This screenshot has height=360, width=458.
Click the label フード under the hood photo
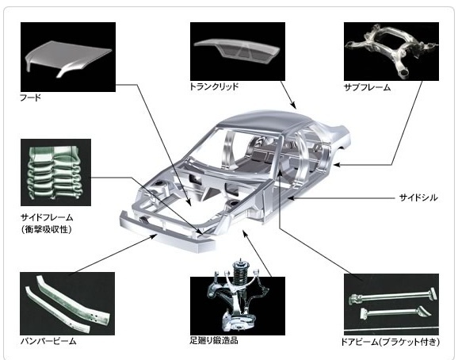[30, 98]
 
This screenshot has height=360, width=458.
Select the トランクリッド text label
[215, 86]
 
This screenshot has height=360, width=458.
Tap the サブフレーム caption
[367, 87]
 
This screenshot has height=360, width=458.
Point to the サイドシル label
[418, 197]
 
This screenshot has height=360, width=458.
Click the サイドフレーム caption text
[47, 217]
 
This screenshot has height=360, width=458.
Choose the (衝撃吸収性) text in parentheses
[47, 229]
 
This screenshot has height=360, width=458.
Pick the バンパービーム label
[48, 341]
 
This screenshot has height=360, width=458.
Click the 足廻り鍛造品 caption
[214, 340]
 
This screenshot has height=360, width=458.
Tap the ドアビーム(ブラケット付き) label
[390, 342]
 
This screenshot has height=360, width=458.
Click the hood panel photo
[68, 57]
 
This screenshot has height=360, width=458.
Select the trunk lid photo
[238, 52]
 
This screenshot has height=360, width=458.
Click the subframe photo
[391, 52]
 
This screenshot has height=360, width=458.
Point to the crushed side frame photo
[55, 172]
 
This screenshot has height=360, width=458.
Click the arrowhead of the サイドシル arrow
[291, 198]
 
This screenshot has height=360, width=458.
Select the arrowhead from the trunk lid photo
[293, 105]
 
